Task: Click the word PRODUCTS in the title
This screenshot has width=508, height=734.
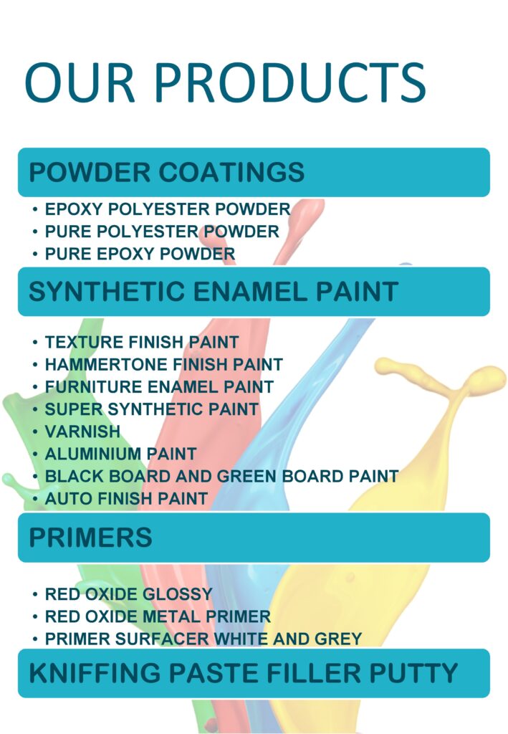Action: pyautogui.click(x=289, y=82)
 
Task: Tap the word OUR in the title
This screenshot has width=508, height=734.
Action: pyautogui.click(x=80, y=82)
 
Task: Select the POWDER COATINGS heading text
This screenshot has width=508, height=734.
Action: pyautogui.click(x=166, y=172)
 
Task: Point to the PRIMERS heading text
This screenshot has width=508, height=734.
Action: pyautogui.click(x=90, y=537)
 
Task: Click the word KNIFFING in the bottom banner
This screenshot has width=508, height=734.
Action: pyautogui.click(x=95, y=672)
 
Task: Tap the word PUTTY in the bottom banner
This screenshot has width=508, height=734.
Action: pyautogui.click(x=413, y=672)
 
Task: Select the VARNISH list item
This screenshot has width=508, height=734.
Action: pyautogui.click(x=82, y=431)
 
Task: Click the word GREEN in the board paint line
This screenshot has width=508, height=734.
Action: pyautogui.click(x=247, y=476)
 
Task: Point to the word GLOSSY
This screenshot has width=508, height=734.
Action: pyautogui.click(x=177, y=594)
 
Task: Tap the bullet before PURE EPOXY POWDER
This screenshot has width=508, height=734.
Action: pyautogui.click(x=35, y=254)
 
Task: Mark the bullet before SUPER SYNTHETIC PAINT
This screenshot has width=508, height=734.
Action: pyautogui.click(x=35, y=409)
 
